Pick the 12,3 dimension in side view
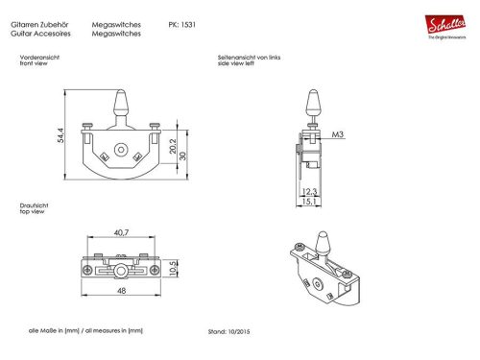coord(309,193)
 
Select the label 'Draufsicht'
coord(32,205)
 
